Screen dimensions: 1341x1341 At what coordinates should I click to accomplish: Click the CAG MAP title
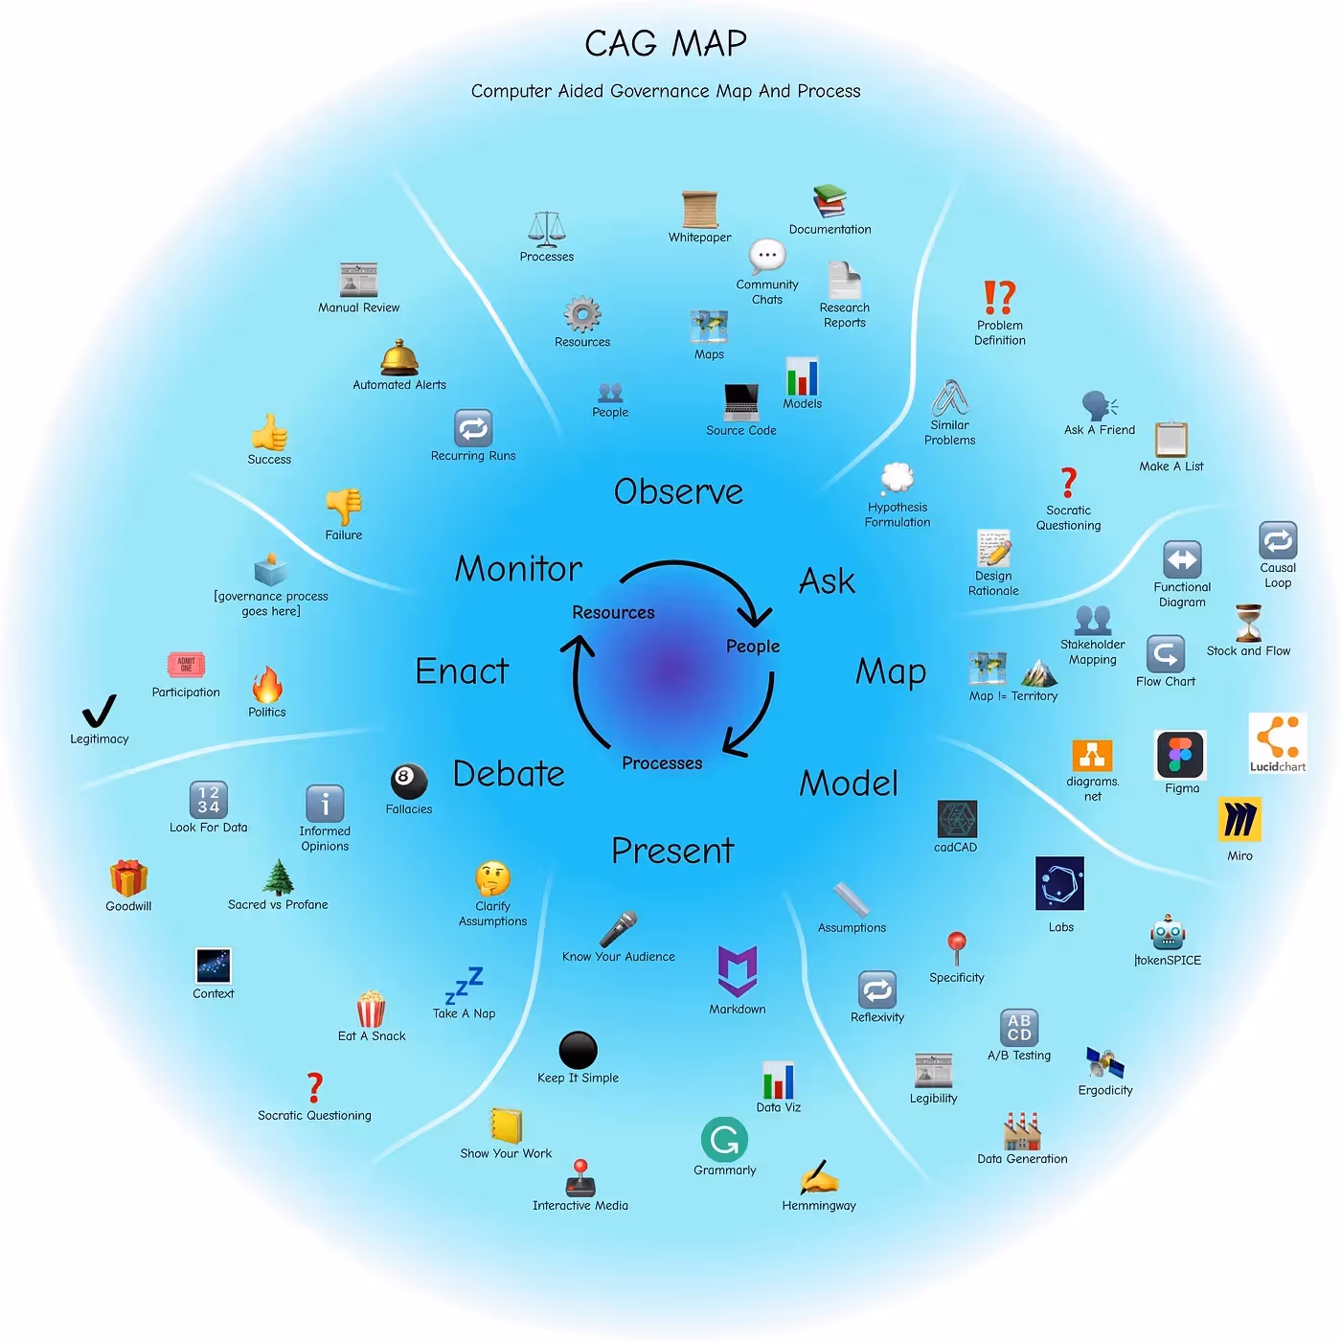(666, 43)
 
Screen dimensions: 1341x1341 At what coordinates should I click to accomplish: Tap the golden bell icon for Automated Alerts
(398, 358)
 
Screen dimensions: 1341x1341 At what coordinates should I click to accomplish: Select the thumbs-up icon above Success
(269, 432)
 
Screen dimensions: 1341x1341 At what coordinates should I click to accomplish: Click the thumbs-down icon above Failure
(344, 506)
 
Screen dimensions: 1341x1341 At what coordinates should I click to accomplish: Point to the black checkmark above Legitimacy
(99, 711)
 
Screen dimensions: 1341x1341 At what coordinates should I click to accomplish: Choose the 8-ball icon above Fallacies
(408, 781)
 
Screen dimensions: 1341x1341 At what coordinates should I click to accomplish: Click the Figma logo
(1180, 755)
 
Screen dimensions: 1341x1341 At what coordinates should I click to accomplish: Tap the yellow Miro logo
(1239, 820)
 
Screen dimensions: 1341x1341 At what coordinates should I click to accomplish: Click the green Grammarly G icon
(724, 1140)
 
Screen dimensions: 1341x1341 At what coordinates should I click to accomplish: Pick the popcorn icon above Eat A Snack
(371, 1009)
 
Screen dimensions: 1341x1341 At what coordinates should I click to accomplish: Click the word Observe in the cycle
(678, 491)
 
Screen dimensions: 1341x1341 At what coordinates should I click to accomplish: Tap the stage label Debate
(509, 774)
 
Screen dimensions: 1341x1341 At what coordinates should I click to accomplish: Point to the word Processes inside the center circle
(662, 763)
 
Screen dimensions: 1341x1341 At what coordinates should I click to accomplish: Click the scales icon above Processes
(547, 230)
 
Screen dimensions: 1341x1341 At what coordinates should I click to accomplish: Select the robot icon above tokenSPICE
(1168, 933)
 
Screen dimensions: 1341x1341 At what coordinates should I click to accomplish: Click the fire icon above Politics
(267, 686)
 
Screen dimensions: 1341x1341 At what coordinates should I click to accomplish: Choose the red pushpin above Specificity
(956, 947)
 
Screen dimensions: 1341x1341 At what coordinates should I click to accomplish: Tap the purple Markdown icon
(738, 971)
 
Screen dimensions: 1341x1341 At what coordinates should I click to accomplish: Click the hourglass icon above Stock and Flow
(1248, 624)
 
